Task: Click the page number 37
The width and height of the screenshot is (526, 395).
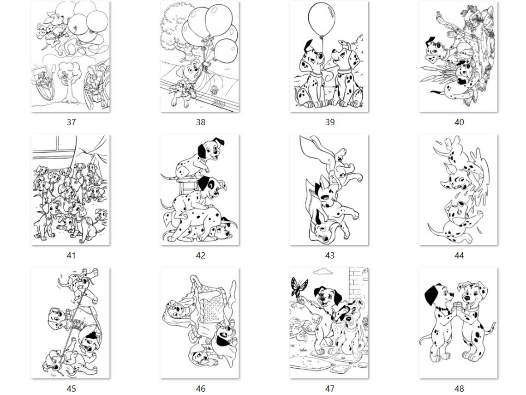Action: click(71, 122)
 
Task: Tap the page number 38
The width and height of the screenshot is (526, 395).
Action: click(200, 122)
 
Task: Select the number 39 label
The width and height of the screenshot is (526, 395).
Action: click(329, 122)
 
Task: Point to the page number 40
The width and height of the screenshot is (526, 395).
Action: click(459, 122)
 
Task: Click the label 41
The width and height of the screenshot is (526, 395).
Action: click(71, 255)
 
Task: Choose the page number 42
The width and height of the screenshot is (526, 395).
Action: click(200, 255)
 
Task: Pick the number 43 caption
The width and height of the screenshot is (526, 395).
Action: click(329, 255)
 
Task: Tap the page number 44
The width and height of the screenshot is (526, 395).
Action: click(459, 255)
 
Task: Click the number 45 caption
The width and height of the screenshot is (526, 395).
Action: click(71, 389)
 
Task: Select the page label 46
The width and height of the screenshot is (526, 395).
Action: click(200, 389)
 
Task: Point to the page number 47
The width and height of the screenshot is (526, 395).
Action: click(329, 389)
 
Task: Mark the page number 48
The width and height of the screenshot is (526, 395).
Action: click(459, 389)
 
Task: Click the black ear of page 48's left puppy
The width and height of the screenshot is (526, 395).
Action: click(432, 294)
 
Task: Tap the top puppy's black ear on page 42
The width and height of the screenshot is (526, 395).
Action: click(202, 151)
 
